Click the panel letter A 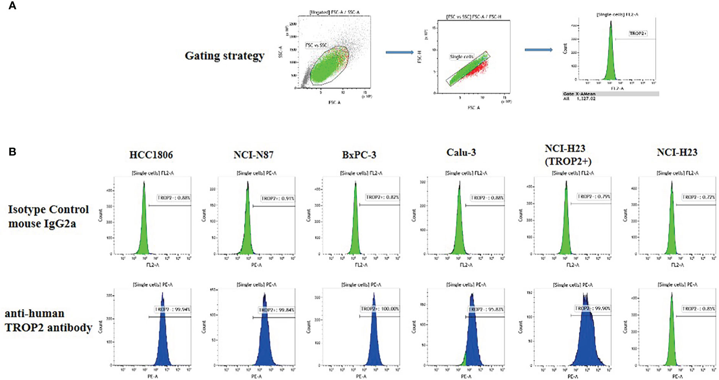[x=12, y=6]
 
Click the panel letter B [x=12, y=152]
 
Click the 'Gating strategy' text [x=224, y=56]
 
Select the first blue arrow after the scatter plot [x=399, y=52]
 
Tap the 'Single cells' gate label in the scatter [x=462, y=56]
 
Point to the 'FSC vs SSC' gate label [x=316, y=45]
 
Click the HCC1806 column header [x=151, y=155]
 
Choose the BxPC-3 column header [x=359, y=155]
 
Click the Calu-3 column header [x=461, y=152]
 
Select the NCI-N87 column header [x=253, y=155]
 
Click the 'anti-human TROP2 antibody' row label [x=48, y=320]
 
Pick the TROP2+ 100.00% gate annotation [x=380, y=309]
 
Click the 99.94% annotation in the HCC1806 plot [x=172, y=309]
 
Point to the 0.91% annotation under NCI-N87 [x=277, y=198]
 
